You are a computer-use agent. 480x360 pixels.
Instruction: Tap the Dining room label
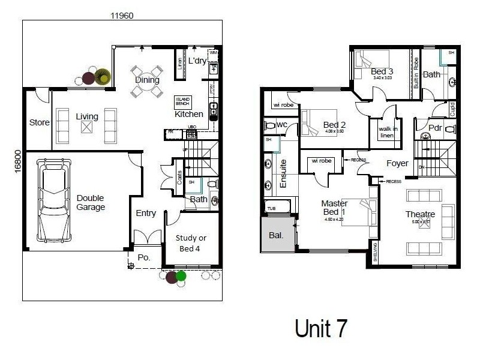(x=147, y=80)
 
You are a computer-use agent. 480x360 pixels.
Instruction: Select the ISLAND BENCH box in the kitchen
(x=182, y=101)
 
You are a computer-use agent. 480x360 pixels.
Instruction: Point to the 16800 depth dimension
(x=17, y=161)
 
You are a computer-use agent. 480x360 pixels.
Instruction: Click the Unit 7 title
(x=321, y=328)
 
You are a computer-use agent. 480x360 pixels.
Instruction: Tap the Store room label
(x=39, y=122)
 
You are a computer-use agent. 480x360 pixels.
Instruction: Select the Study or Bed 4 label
(x=191, y=242)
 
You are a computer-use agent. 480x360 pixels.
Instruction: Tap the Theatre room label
(x=420, y=214)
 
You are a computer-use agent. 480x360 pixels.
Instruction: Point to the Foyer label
(x=397, y=163)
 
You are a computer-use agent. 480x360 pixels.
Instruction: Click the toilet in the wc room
(x=271, y=125)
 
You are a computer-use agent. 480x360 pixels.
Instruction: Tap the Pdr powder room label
(x=435, y=128)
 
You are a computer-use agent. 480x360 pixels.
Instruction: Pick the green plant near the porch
(x=181, y=276)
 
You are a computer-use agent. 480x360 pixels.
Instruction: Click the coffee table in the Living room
(x=88, y=125)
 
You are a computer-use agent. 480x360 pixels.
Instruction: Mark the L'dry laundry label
(x=197, y=61)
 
